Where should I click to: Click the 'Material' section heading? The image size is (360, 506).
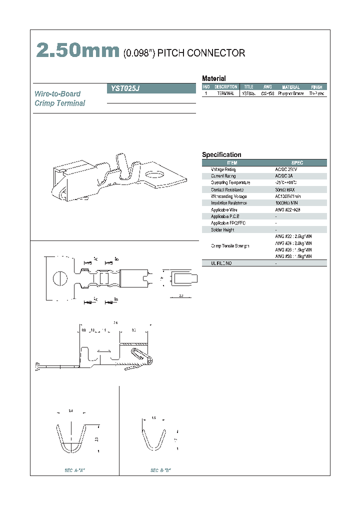[213, 78]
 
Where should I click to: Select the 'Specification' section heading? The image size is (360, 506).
[221, 155]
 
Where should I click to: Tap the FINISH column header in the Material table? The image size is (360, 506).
[316, 87]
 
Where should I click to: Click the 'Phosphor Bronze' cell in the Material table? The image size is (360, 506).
[291, 93]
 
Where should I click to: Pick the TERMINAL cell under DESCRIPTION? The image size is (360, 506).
[225, 93]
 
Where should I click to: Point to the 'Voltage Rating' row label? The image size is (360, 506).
[223, 169]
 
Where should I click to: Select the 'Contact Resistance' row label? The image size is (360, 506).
[226, 189]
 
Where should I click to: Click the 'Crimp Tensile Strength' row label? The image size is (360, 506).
[230, 246]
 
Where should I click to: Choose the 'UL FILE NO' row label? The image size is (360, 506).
[221, 263]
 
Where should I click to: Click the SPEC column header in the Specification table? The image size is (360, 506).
[297, 163]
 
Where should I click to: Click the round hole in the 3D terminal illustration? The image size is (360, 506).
[152, 175]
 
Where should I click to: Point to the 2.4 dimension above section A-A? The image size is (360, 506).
[70, 411]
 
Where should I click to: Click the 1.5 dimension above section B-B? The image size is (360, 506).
[153, 417]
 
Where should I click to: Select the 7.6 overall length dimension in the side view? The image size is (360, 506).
[115, 322]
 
